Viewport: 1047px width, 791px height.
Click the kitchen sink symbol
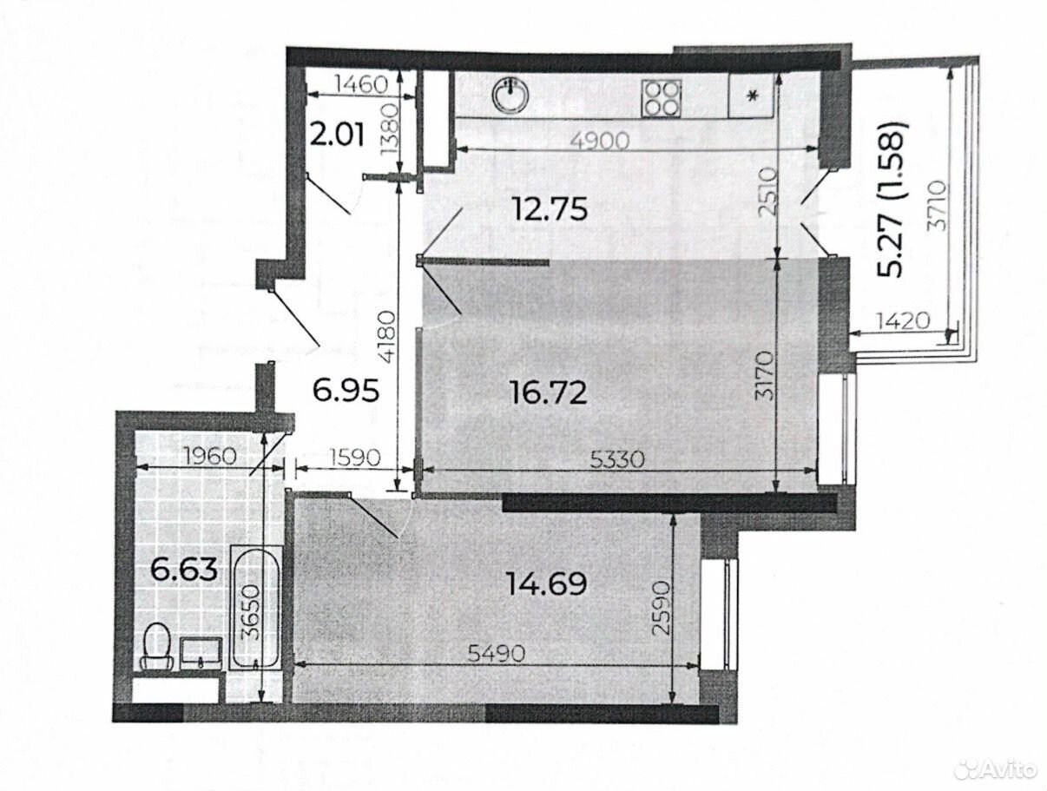[511, 97]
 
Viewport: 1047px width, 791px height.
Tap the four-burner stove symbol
[662, 98]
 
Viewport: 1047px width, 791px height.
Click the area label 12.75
[549, 209]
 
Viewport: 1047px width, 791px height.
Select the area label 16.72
[549, 393]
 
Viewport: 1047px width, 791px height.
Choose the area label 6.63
[184, 570]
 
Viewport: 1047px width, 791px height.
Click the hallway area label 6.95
[346, 390]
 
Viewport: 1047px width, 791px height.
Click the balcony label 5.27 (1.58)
[891, 200]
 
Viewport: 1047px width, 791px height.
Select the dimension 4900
[600, 141]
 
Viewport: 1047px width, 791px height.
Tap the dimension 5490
[496, 653]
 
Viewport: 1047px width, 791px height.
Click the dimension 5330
[617, 459]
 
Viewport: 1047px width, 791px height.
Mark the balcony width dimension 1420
[903, 321]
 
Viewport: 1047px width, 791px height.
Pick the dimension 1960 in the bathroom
[210, 457]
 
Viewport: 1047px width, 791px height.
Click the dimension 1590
[354, 458]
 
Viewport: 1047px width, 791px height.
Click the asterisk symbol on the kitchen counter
[752, 97]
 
